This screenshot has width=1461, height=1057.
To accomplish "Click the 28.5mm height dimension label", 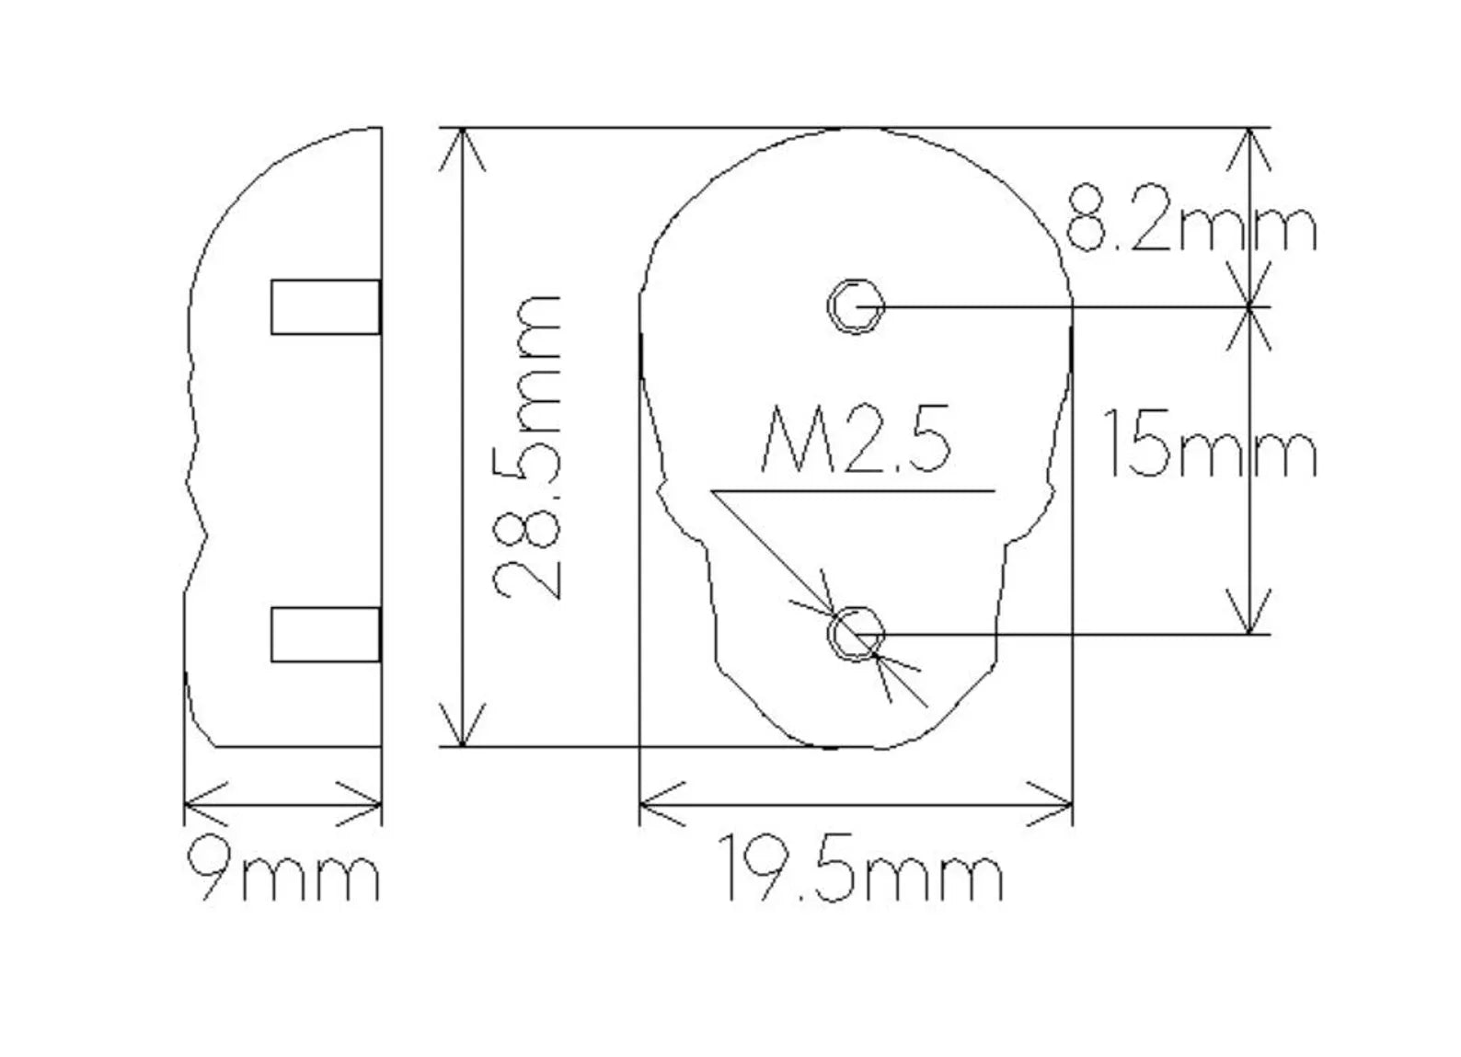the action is (x=527, y=447).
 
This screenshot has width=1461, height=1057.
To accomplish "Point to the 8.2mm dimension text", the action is (x=1191, y=218).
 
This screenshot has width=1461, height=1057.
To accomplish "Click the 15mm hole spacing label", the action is (x=1210, y=443).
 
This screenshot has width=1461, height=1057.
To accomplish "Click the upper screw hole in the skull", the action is (x=856, y=305).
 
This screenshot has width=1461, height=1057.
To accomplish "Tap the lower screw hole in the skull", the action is (x=856, y=634).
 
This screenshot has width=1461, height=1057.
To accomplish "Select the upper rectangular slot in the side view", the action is (x=326, y=306).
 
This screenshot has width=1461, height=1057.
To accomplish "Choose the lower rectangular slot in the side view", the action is (x=326, y=635).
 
